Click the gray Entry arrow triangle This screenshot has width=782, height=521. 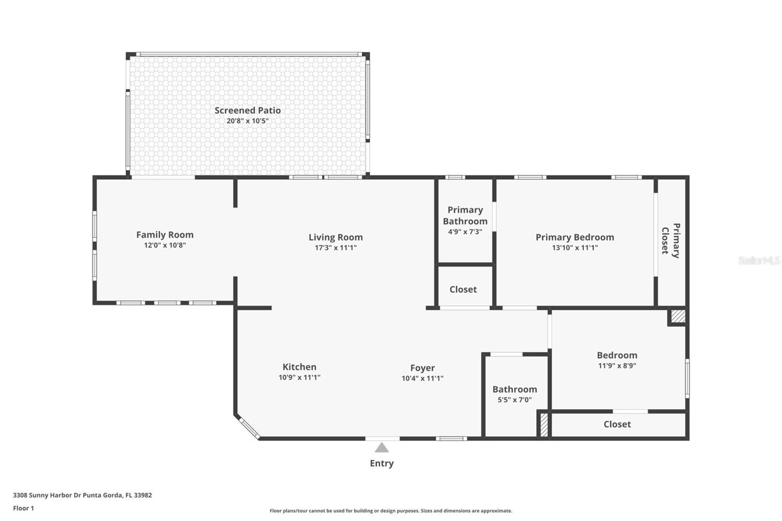pos(382,448)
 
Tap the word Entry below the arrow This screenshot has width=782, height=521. pos(382,463)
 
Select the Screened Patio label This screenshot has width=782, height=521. pos(247,110)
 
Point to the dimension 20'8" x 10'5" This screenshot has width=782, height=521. pos(247,121)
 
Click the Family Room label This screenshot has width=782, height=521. pos(165,235)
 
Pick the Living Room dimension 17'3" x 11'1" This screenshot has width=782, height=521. pos(335,248)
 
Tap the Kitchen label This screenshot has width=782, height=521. pos(299,367)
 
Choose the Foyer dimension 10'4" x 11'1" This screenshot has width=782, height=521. pos(422,378)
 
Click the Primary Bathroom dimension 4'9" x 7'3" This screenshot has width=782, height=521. pos(465,232)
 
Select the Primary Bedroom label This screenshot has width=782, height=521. pos(575,237)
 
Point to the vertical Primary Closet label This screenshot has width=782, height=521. pos(671,240)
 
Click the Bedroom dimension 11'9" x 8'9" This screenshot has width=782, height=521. pos(617,366)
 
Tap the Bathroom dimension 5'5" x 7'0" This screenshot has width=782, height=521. pos(515,399)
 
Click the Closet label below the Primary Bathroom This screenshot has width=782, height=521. pos(463,289)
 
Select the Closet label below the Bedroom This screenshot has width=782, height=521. pos(617,424)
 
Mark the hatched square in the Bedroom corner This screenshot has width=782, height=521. pos(678,316)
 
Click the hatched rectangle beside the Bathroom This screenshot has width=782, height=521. pos(544,425)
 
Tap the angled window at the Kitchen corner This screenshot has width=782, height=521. pos(249,428)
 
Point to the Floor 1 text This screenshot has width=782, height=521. pos(23,508)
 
